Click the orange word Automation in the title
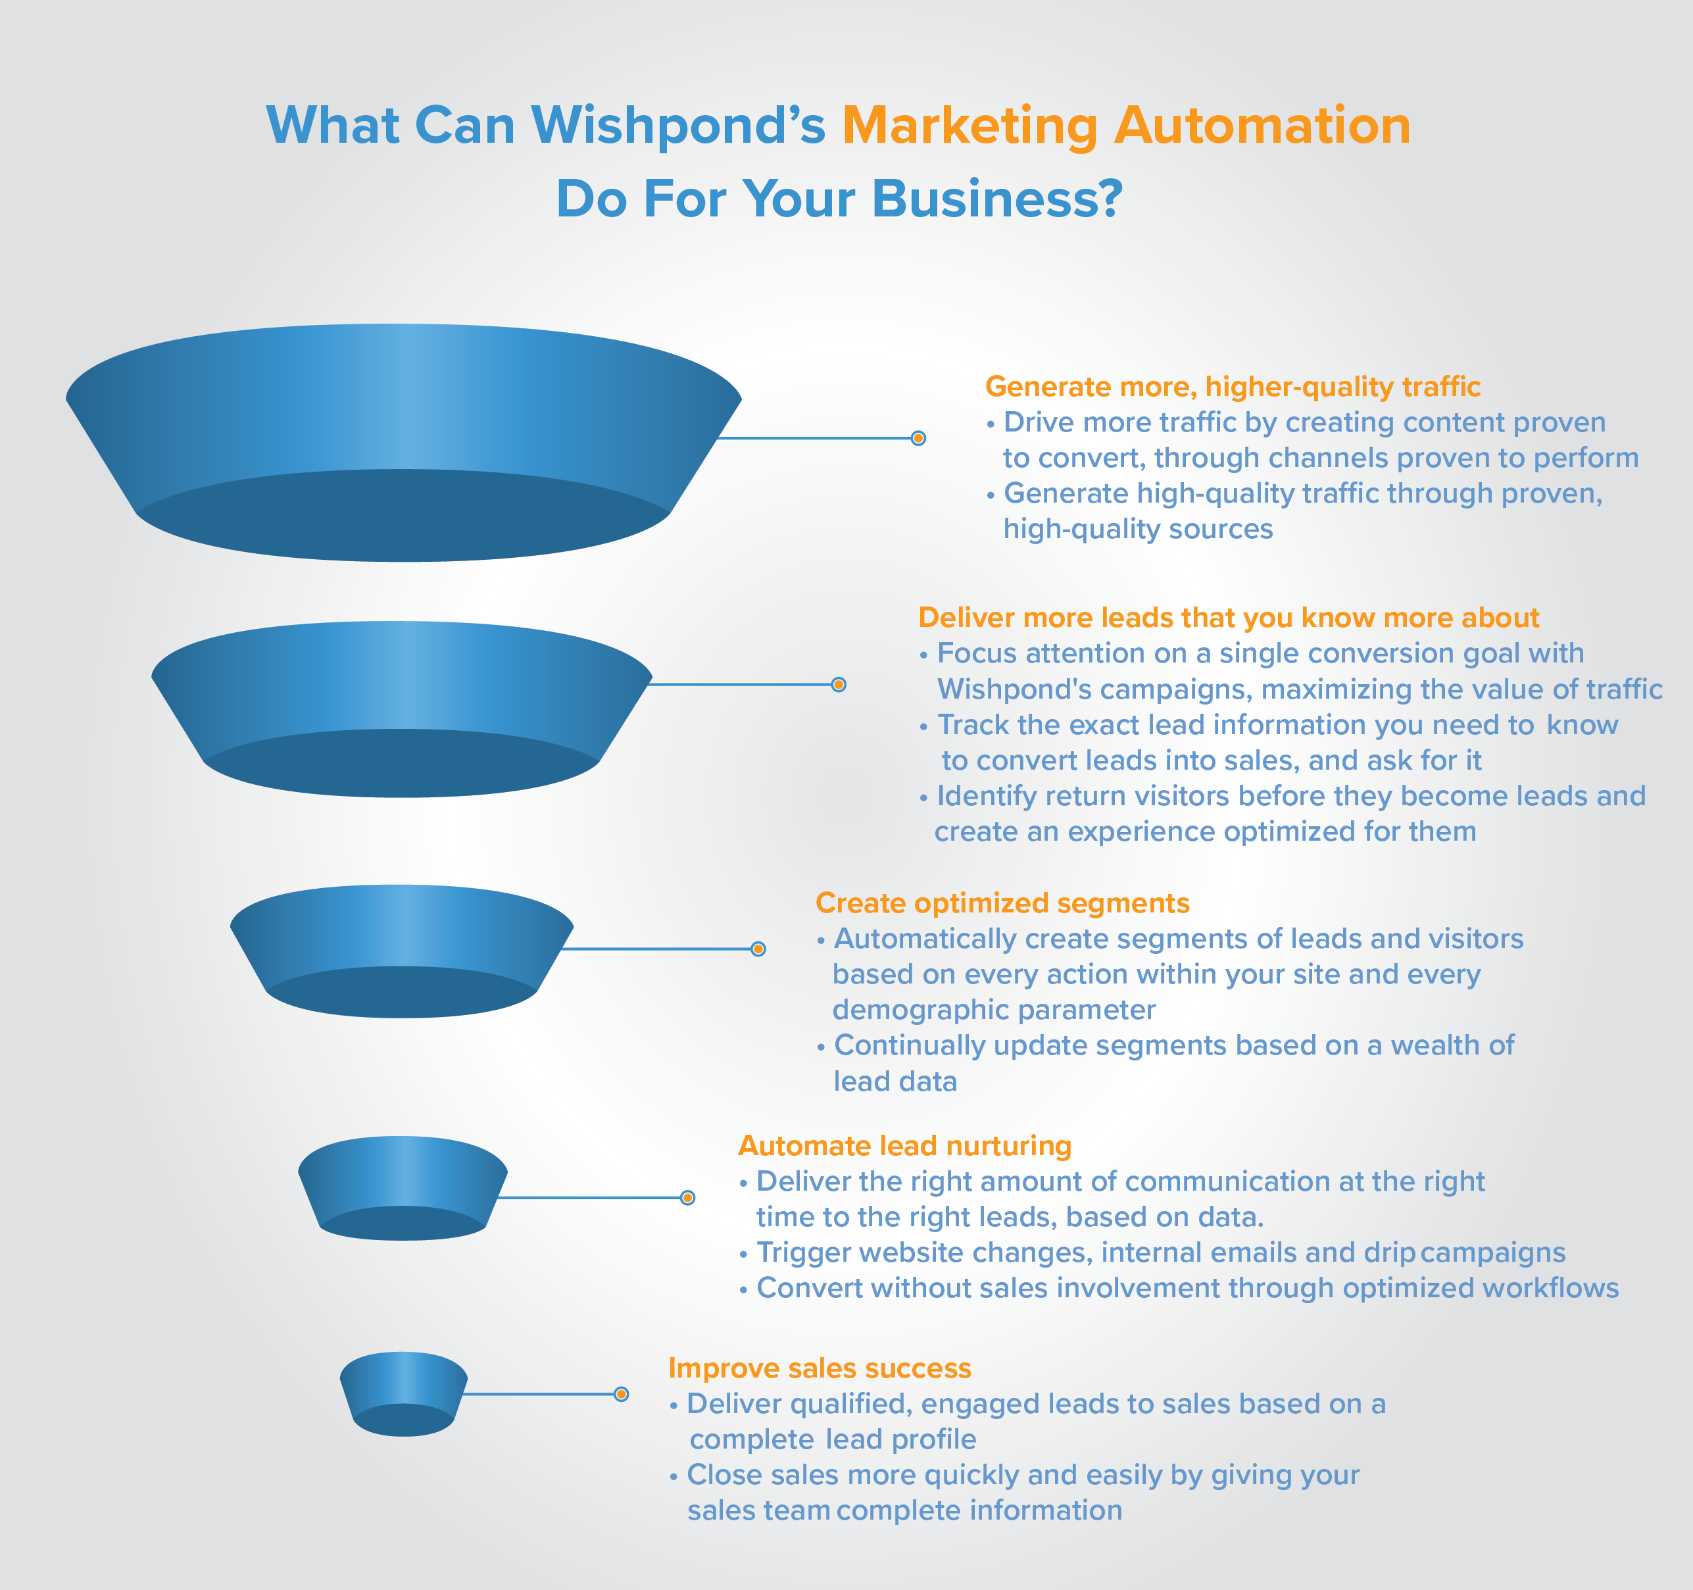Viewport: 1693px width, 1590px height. (1262, 125)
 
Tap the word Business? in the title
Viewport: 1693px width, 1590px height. (997, 199)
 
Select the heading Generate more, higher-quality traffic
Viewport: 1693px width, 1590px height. (1233, 387)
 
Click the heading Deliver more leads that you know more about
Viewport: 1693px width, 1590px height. (1229, 618)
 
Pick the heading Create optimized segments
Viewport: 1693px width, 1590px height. (1002, 904)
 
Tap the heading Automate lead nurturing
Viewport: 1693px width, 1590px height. (904, 1147)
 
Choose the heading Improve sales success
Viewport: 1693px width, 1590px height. (820, 1368)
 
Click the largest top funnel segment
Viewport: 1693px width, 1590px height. (404, 443)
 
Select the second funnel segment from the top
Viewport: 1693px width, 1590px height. (401, 709)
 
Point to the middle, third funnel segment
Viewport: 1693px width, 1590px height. (402, 951)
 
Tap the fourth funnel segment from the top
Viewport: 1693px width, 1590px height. (403, 1188)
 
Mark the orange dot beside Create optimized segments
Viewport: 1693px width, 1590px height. (758, 949)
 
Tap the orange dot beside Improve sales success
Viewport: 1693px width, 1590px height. (622, 1394)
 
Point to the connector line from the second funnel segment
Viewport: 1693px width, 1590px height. (741, 685)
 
